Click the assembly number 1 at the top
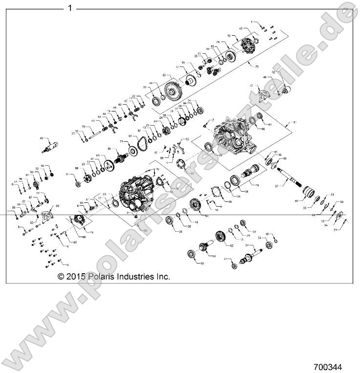pyautogui.click(x=70, y=8)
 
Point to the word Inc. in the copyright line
pyautogui.click(x=162, y=277)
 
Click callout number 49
pyautogui.click(x=42, y=138)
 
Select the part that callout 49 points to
pyautogui.click(x=51, y=145)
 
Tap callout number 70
pyautogui.click(x=84, y=127)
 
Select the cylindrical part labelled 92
pyautogui.click(x=285, y=90)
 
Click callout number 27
pyautogui.click(x=247, y=244)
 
